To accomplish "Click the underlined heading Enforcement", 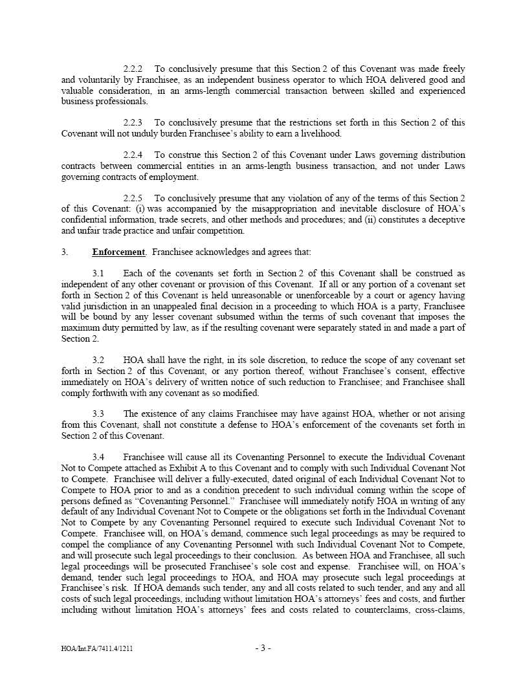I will (x=118, y=252).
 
